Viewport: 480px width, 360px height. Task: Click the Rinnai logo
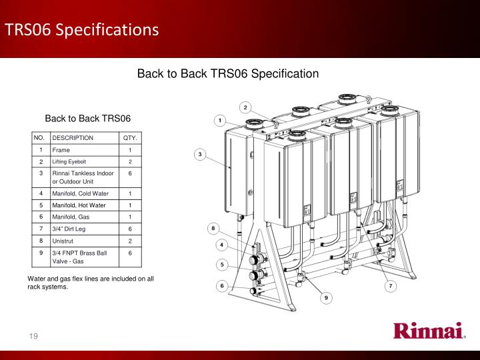click(x=429, y=330)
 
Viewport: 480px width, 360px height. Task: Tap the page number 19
click(x=33, y=336)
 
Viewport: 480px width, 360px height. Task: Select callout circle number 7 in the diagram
click(x=391, y=286)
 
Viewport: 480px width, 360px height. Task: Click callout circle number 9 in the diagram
click(x=326, y=298)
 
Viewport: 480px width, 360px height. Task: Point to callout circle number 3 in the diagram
click(x=200, y=154)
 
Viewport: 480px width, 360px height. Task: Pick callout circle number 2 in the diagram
click(x=245, y=107)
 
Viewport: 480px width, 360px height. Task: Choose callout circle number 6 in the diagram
click(x=222, y=286)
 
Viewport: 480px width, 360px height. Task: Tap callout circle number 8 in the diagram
click(x=213, y=229)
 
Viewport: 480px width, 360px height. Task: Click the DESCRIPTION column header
click(x=73, y=138)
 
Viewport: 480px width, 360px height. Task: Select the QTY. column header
click(x=130, y=138)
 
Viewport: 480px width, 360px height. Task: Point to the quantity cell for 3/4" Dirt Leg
click(x=130, y=229)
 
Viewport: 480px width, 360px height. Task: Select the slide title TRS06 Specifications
click(x=82, y=30)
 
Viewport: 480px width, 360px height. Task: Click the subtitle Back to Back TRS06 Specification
click(x=228, y=74)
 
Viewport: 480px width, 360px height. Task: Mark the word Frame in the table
click(x=61, y=150)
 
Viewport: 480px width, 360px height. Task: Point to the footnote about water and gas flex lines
click(x=91, y=283)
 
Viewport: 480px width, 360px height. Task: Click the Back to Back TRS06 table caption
click(x=88, y=119)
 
